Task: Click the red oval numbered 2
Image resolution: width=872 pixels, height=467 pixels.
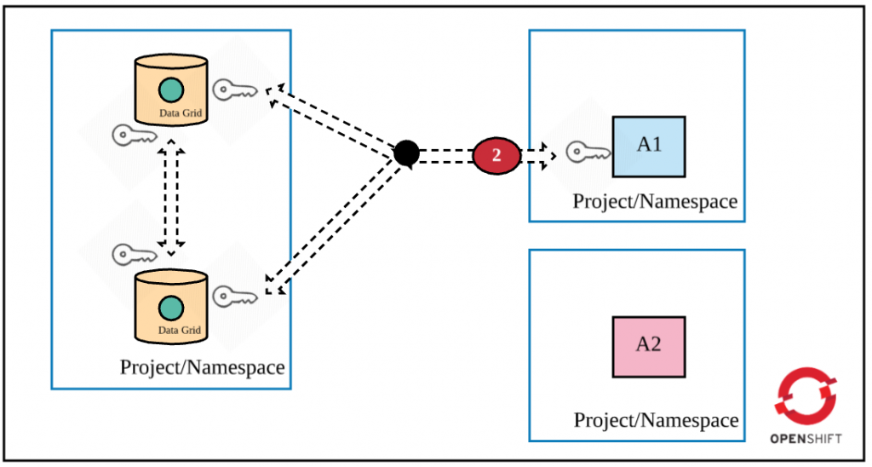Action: [496, 155]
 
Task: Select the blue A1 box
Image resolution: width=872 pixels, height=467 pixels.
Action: [649, 146]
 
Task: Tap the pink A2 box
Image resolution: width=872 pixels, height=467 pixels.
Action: [649, 346]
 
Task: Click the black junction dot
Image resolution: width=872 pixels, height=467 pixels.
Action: [407, 153]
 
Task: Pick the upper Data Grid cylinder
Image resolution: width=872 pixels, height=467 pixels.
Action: [171, 89]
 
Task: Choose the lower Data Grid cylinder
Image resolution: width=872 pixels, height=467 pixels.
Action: [171, 306]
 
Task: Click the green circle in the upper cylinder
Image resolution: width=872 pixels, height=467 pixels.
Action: [170, 89]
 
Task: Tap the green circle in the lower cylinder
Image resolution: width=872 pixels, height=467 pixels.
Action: [170, 306]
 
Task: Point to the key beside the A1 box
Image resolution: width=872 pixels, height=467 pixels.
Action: [588, 153]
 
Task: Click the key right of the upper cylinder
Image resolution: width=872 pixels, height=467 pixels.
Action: [234, 89]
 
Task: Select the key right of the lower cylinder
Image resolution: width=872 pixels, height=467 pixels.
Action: [234, 297]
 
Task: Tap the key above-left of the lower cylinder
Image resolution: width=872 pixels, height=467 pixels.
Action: [134, 253]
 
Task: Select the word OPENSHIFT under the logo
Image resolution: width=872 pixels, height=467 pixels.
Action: [806, 439]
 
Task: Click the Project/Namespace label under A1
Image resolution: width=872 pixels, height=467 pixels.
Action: [654, 202]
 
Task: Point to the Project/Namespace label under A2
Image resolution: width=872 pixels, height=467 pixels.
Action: [656, 420]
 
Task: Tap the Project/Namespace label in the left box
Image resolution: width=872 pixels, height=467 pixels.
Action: [202, 367]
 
